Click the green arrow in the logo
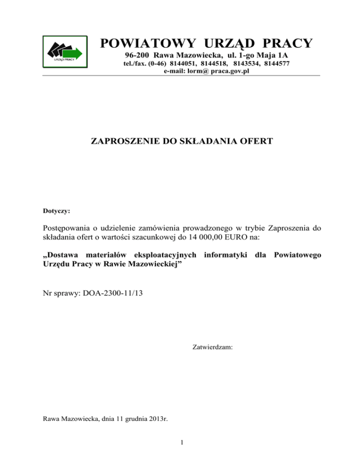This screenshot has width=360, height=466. (x=75, y=53)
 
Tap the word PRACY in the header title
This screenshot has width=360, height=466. (x=285, y=44)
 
